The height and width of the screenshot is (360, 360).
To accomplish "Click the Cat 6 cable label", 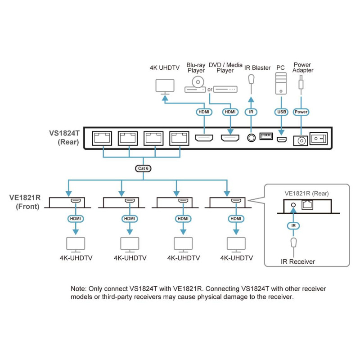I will (143, 168).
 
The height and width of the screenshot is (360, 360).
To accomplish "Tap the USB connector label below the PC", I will (281, 112).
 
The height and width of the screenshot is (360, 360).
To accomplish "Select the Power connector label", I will (301, 112).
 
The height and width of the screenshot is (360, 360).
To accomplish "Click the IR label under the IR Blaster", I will (251, 112).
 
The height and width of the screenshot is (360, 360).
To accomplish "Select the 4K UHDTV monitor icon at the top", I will (164, 86).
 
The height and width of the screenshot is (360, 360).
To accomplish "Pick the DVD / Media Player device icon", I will (225, 89).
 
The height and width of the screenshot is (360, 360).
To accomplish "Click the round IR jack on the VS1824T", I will (251, 138).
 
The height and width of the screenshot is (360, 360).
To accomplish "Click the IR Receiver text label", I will (298, 261).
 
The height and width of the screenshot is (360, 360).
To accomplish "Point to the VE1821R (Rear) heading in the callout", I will (306, 193).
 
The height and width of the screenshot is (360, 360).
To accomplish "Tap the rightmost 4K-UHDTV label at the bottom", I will (236, 258).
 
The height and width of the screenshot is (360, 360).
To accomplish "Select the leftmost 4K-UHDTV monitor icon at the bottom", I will (76, 244).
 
